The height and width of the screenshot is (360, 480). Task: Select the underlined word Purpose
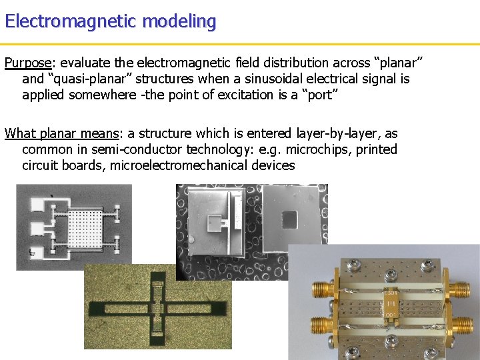tap(28, 63)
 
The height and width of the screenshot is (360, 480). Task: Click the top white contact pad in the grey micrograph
tap(31, 201)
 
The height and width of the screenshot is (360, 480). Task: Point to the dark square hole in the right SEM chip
tap(291, 219)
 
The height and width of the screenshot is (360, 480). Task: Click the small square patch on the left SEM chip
tap(215, 221)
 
